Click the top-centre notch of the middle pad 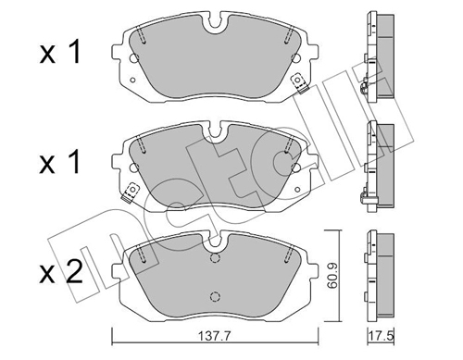pyautogui.click(x=215, y=130)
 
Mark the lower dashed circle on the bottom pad pyautogui.click(x=215, y=296)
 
